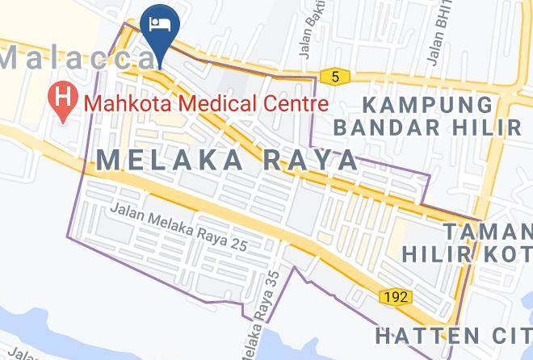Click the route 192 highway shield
pyautogui.click(x=394, y=297)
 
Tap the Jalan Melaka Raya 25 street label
pyautogui.click(x=177, y=226)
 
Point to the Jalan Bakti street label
pyautogui.click(x=310, y=32)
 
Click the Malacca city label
pyautogui.click(x=78, y=57)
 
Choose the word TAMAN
pyautogui.click(x=488, y=232)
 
